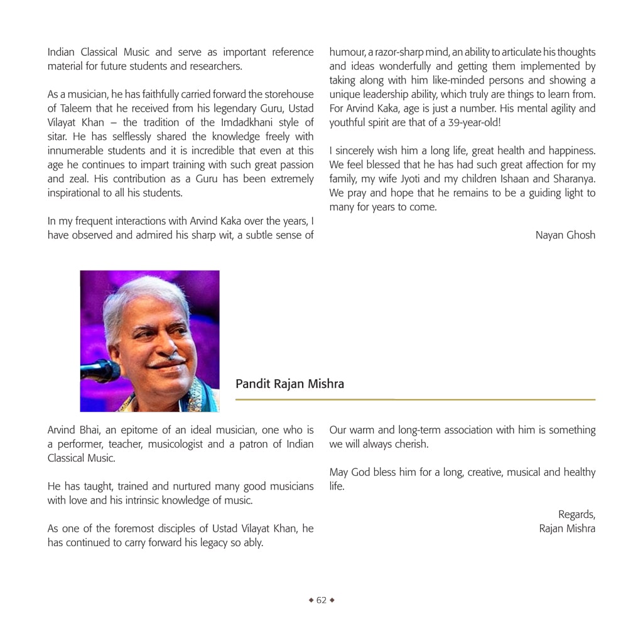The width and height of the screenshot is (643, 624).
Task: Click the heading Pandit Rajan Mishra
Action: coord(289,384)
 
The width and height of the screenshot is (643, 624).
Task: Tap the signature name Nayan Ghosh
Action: coord(565,235)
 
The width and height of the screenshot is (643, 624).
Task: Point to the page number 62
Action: coord(321,600)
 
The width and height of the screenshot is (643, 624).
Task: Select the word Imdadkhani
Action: coord(231,122)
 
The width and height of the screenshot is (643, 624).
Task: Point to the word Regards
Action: coord(576,515)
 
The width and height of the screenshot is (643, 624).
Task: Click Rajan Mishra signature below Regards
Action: coord(567,529)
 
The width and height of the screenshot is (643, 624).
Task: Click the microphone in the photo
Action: coord(99,370)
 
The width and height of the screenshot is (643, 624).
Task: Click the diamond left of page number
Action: coord(311,600)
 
